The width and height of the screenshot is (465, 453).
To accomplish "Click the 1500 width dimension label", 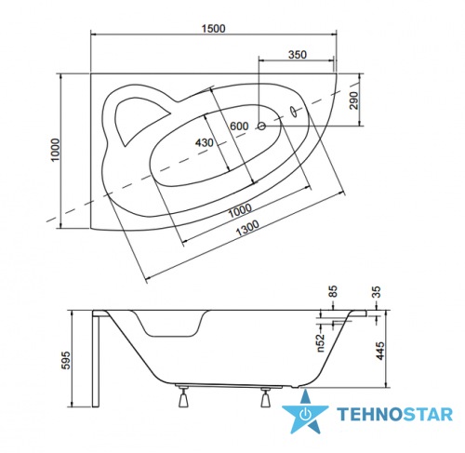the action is (214, 29).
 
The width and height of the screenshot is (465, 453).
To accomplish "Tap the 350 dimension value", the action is (298, 55).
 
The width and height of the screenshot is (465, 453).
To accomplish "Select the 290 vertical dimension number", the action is (353, 100).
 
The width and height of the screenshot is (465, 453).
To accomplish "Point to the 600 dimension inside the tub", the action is (239, 127).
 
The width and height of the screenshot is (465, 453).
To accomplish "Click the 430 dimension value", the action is (205, 142).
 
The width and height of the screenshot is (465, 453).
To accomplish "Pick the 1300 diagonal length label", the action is (247, 228).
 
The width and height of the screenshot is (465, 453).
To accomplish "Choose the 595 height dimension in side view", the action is (66, 360).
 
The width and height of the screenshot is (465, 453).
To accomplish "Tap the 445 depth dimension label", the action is (380, 351).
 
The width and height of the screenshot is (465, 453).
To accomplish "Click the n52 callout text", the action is (321, 342).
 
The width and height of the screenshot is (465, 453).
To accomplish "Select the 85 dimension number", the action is (333, 291).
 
